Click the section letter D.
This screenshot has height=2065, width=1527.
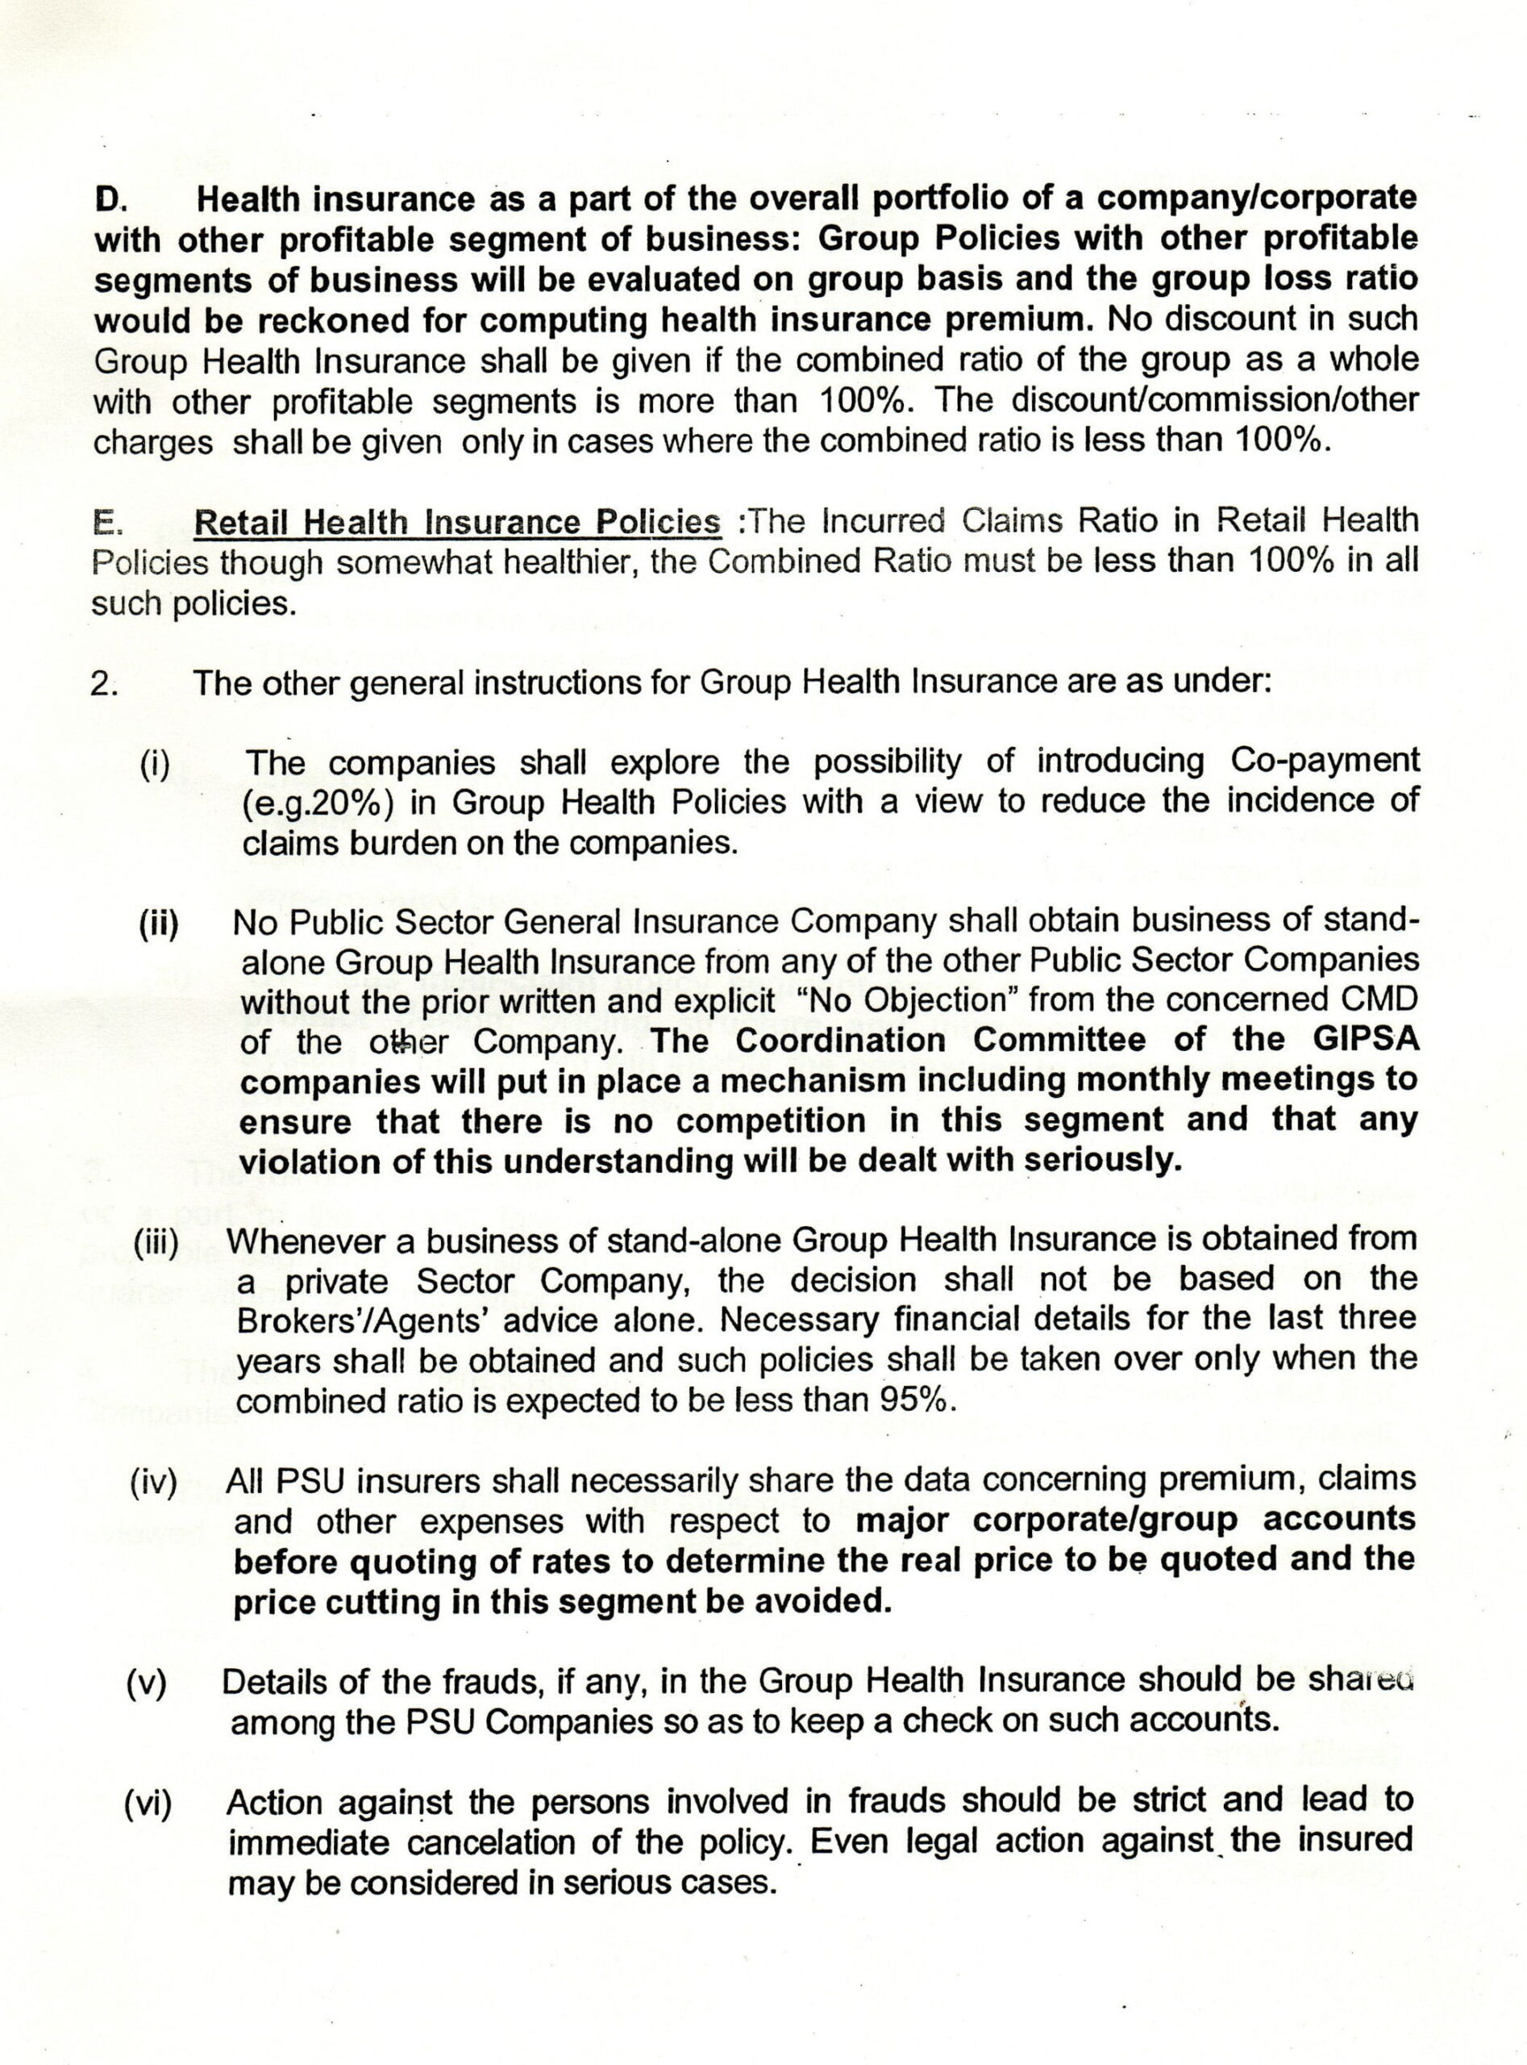coord(110,200)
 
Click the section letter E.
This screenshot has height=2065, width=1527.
coord(107,523)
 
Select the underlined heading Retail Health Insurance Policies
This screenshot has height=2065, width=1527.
coord(456,523)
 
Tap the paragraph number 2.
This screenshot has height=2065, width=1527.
coord(102,684)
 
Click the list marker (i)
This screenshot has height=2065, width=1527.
coord(156,764)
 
